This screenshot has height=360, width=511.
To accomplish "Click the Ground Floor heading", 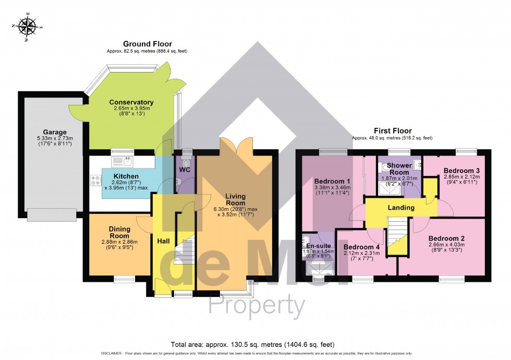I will pyautogui.click(x=147, y=44).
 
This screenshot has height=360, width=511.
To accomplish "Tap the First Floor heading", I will pyautogui.click(x=392, y=131).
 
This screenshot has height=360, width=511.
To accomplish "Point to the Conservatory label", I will pyautogui.click(x=131, y=102).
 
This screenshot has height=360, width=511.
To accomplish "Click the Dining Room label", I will pyautogui.click(x=119, y=232).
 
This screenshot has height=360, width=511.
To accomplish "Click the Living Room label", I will pyautogui.click(x=235, y=200).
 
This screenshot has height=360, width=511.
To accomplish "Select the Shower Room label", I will pyautogui.click(x=399, y=169).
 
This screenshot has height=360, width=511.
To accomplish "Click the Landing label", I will pyautogui.click(x=401, y=208).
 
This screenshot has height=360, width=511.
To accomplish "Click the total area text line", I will pyautogui.click(x=252, y=344).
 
